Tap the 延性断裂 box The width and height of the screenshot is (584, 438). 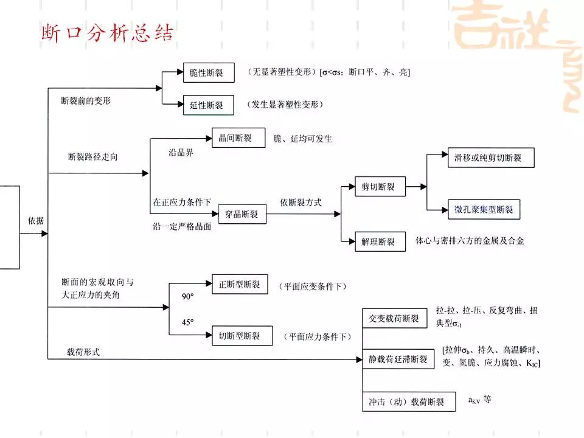[x=208, y=105]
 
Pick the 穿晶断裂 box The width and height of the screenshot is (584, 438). [x=242, y=214]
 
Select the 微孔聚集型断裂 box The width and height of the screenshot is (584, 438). [x=484, y=210]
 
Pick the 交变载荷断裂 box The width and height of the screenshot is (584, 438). [x=394, y=318]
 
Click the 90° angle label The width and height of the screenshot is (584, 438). [x=187, y=296]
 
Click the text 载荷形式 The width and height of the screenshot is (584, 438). [x=83, y=352]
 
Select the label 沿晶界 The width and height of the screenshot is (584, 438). [x=181, y=153]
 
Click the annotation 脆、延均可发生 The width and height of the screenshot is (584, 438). [x=303, y=139]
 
